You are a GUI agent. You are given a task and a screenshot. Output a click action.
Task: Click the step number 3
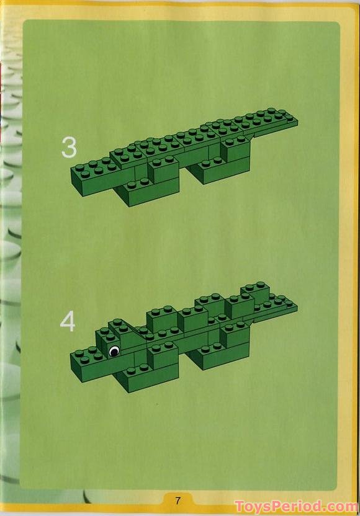tap(69, 148)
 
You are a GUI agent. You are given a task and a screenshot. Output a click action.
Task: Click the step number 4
tap(68, 321)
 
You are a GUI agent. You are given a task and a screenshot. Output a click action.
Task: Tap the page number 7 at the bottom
tap(178, 500)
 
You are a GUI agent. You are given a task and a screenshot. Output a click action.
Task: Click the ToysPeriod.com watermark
tap(296, 506)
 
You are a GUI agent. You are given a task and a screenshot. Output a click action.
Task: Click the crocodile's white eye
tap(114, 351)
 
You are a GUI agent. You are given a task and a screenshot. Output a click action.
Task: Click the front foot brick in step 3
tap(148, 192)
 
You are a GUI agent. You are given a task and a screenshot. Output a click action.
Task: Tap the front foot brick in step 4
tap(148, 378)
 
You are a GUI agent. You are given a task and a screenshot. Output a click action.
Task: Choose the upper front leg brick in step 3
tap(164, 169)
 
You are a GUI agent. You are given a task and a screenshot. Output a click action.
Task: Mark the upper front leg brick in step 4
tap(163, 355)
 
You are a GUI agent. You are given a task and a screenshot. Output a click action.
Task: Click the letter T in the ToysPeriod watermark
tap(240, 506)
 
